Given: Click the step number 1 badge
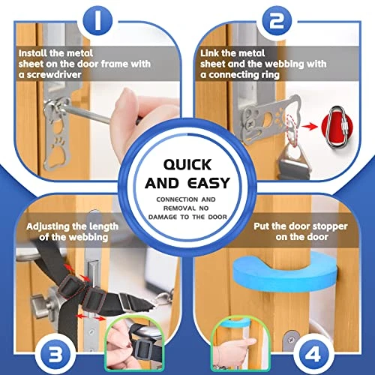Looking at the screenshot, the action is pos(97,20).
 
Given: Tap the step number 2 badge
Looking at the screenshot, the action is pos(277,20).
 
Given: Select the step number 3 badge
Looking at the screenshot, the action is pos(55,355).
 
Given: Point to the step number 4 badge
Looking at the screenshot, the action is pos(313,355).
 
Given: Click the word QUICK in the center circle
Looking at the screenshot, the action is pos(187,165).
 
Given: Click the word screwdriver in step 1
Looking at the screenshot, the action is pos(54,75).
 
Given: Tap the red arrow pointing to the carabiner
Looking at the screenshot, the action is pos(310,126).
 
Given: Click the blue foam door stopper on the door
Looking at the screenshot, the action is pos(285,272).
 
